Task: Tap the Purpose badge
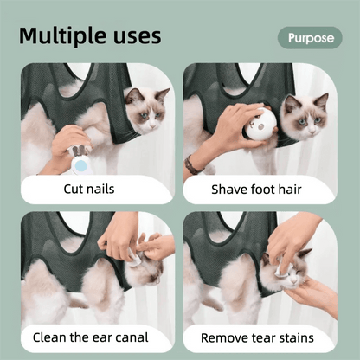point(310,38)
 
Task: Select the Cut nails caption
point(89,190)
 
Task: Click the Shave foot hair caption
point(256,190)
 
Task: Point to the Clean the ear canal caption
point(91,337)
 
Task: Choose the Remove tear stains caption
point(257,337)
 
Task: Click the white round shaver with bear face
point(259,126)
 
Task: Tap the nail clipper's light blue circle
point(81,165)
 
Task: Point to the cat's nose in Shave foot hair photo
point(312,132)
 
